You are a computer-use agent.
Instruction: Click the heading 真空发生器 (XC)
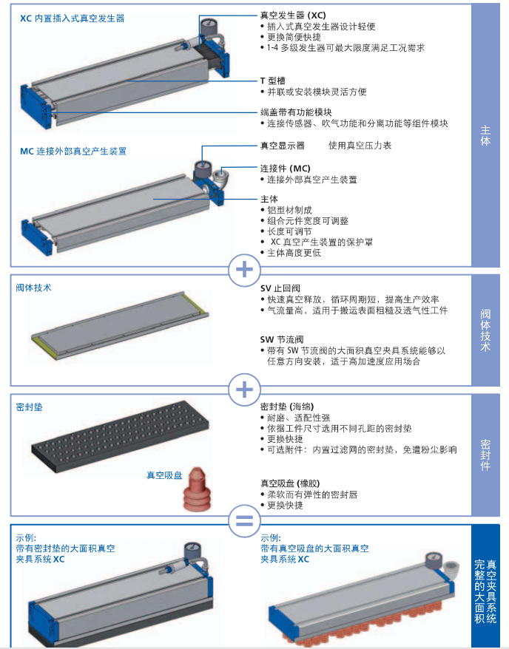[x=293, y=16]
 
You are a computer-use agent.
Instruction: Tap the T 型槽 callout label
[x=273, y=81]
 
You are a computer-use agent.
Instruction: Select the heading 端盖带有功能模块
[x=296, y=112]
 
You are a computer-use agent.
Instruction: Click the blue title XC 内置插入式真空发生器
[x=73, y=18]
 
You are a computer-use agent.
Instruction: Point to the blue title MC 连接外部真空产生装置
[x=73, y=151]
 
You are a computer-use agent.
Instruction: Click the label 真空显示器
[x=283, y=146]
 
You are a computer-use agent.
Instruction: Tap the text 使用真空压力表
[x=360, y=146]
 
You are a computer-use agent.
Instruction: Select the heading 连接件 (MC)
[x=286, y=169]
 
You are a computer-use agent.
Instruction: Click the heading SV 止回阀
[x=280, y=288]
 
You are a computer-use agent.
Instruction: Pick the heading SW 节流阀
[x=282, y=340]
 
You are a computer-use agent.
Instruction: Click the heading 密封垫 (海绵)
[x=287, y=407]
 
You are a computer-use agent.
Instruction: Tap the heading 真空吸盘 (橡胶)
[x=290, y=483]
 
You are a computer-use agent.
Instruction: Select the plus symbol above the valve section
[x=244, y=270]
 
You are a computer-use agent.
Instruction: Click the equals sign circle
[x=244, y=520]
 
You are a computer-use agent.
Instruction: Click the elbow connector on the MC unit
[x=219, y=177]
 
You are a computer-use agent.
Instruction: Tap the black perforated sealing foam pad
[x=120, y=437]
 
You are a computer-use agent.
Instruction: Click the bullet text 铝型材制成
[x=289, y=210]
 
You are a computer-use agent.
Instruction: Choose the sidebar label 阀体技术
[x=485, y=330]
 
